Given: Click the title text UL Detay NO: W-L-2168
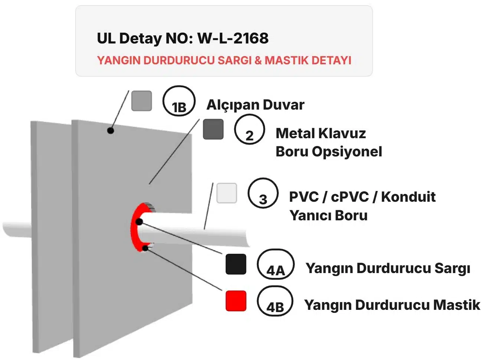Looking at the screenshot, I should click(x=182, y=38).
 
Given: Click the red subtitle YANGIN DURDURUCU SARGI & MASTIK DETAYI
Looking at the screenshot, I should click(x=224, y=60).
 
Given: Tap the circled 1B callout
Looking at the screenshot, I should click(x=179, y=101).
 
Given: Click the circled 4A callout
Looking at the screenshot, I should click(x=275, y=265).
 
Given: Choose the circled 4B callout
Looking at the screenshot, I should click(x=275, y=301).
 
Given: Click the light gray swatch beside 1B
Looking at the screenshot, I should click(x=141, y=101).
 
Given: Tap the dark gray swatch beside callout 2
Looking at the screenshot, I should click(x=213, y=129).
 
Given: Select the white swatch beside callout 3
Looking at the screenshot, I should click(x=226, y=193).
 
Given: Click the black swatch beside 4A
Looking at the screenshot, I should click(x=236, y=264).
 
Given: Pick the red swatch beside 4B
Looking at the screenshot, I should click(x=236, y=301).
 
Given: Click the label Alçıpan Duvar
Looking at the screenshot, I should click(x=255, y=105).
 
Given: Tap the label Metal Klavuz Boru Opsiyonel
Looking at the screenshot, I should click(x=329, y=142).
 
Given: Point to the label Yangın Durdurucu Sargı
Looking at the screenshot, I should click(x=388, y=268).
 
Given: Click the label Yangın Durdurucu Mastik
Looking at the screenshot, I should click(x=392, y=305).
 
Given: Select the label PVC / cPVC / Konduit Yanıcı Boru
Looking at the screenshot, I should click(x=362, y=206).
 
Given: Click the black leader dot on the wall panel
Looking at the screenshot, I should click(x=110, y=130).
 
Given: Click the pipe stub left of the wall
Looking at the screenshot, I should click(x=17, y=229).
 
